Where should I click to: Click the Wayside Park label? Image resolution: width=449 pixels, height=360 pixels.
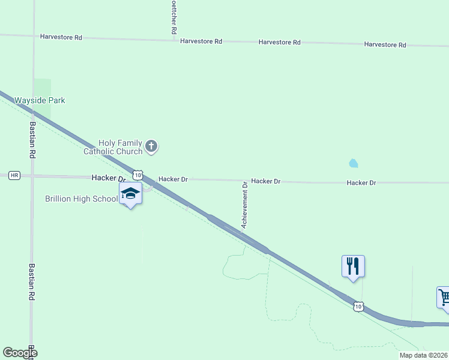40,100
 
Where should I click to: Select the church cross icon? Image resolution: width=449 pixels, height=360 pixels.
151,145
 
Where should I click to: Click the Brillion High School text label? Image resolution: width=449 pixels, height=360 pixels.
81,199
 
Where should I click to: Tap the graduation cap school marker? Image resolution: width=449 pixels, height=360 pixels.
130,194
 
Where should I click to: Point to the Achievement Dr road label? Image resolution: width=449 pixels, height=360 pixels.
244,205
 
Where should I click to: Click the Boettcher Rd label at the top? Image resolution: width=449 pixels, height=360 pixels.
173,17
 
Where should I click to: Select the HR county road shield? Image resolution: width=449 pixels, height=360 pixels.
14,175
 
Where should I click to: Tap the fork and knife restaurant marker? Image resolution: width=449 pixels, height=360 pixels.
353,265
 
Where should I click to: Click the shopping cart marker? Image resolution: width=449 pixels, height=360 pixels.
444,297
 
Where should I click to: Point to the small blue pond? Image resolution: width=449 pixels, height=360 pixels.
353,163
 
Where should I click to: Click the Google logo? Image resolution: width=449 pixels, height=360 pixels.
20,353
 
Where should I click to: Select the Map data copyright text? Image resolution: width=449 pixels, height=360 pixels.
424,355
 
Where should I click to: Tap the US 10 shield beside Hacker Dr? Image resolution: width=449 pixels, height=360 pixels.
138,175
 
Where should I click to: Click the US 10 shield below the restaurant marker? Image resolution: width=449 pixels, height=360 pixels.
358,307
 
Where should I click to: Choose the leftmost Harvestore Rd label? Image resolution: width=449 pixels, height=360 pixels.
61,37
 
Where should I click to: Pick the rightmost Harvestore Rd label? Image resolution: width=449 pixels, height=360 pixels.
385,45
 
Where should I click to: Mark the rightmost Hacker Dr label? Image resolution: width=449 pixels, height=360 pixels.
361,182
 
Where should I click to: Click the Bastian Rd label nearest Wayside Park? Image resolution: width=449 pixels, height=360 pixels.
32,140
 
